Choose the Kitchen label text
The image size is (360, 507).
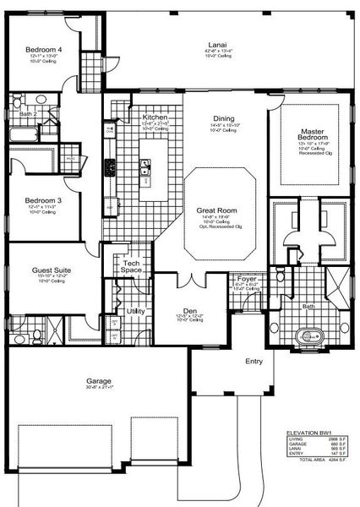[155, 117]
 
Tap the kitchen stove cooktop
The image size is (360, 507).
[109, 167]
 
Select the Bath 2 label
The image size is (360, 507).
[29, 112]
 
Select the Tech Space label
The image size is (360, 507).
[131, 267]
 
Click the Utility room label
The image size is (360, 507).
[134, 311]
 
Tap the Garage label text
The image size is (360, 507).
[99, 380]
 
